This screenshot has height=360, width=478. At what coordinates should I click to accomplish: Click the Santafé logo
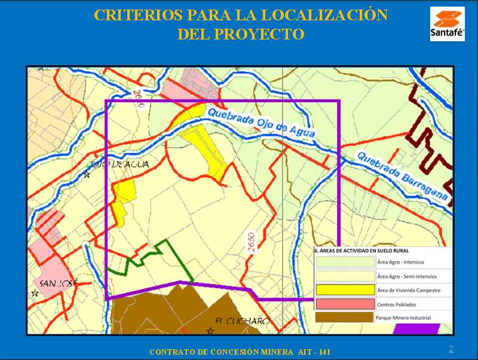(447, 24)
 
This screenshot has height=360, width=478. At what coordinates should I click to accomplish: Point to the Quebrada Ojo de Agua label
(259, 123)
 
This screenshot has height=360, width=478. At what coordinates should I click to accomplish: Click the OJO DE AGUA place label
(119, 164)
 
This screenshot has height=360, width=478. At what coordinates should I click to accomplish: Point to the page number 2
(451, 349)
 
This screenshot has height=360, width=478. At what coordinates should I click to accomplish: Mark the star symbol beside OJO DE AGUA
(87, 175)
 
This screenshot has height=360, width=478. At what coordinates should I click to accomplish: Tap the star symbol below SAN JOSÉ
(35, 294)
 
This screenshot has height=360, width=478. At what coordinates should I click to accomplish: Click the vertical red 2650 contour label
(250, 245)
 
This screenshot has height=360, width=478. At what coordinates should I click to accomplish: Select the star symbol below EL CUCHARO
(210, 330)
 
